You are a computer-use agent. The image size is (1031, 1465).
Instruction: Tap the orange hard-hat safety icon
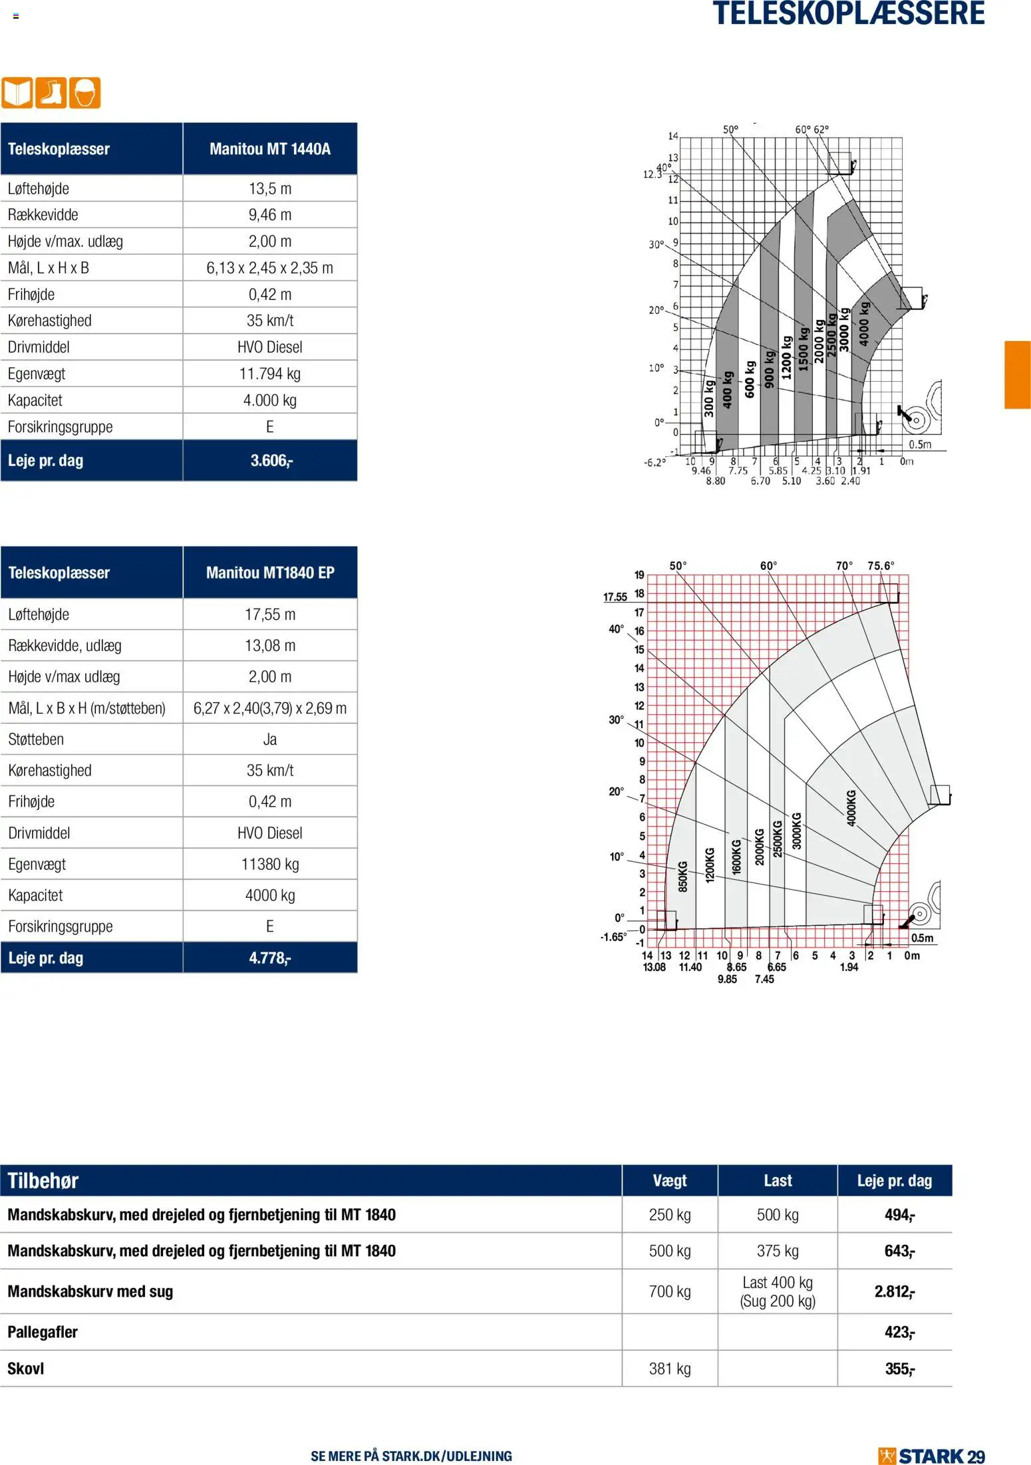[x=84, y=92]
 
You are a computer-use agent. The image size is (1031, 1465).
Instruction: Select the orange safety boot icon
[x=51, y=92]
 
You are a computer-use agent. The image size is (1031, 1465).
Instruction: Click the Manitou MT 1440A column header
[x=269, y=148]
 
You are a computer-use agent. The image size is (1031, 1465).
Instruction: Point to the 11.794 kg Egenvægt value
[x=269, y=374]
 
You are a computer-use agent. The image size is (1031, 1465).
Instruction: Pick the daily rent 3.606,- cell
[x=269, y=460]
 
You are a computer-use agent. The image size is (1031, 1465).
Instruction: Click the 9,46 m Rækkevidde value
[x=269, y=215]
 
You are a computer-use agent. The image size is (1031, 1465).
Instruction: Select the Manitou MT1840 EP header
[x=269, y=573]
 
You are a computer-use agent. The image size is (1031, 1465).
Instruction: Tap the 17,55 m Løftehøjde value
[x=269, y=614]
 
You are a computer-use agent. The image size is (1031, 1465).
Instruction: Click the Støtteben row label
[x=36, y=739]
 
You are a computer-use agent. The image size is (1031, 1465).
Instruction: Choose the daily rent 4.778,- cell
[x=269, y=958]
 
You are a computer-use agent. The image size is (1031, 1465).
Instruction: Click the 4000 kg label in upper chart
[x=863, y=323]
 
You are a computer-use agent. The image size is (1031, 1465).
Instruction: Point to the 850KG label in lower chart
[x=682, y=876]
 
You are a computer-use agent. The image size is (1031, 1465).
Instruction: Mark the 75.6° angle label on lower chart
[x=881, y=566]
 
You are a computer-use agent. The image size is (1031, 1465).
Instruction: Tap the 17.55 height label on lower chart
[x=615, y=597]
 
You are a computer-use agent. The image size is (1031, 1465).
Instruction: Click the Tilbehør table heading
[x=43, y=1180]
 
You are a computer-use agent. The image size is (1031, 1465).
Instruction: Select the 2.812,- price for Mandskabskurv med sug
[x=894, y=1291]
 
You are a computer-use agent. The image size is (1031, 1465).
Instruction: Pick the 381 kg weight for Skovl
[x=669, y=1369]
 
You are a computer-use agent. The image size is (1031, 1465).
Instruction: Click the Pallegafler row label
[x=43, y=1332]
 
